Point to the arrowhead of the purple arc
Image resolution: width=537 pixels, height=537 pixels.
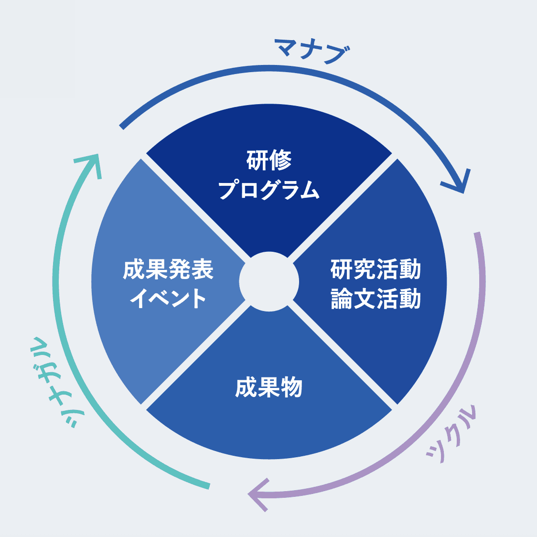click(255, 494)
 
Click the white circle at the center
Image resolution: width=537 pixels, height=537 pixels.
click(269, 281)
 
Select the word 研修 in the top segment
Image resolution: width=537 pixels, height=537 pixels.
click(269, 161)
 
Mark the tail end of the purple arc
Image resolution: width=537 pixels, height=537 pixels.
click(476, 234)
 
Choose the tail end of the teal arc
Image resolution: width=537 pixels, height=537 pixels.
click(208, 486)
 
